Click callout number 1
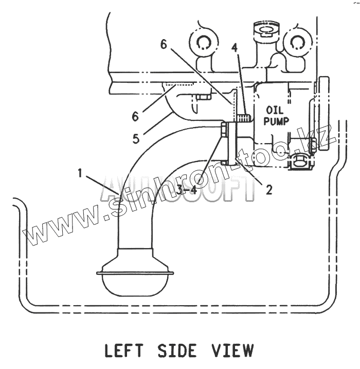tap(80, 173)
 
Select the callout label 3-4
tap(186, 190)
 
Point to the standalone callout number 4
tap(234, 48)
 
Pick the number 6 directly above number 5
tap(136, 116)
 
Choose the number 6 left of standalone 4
tap(164, 45)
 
